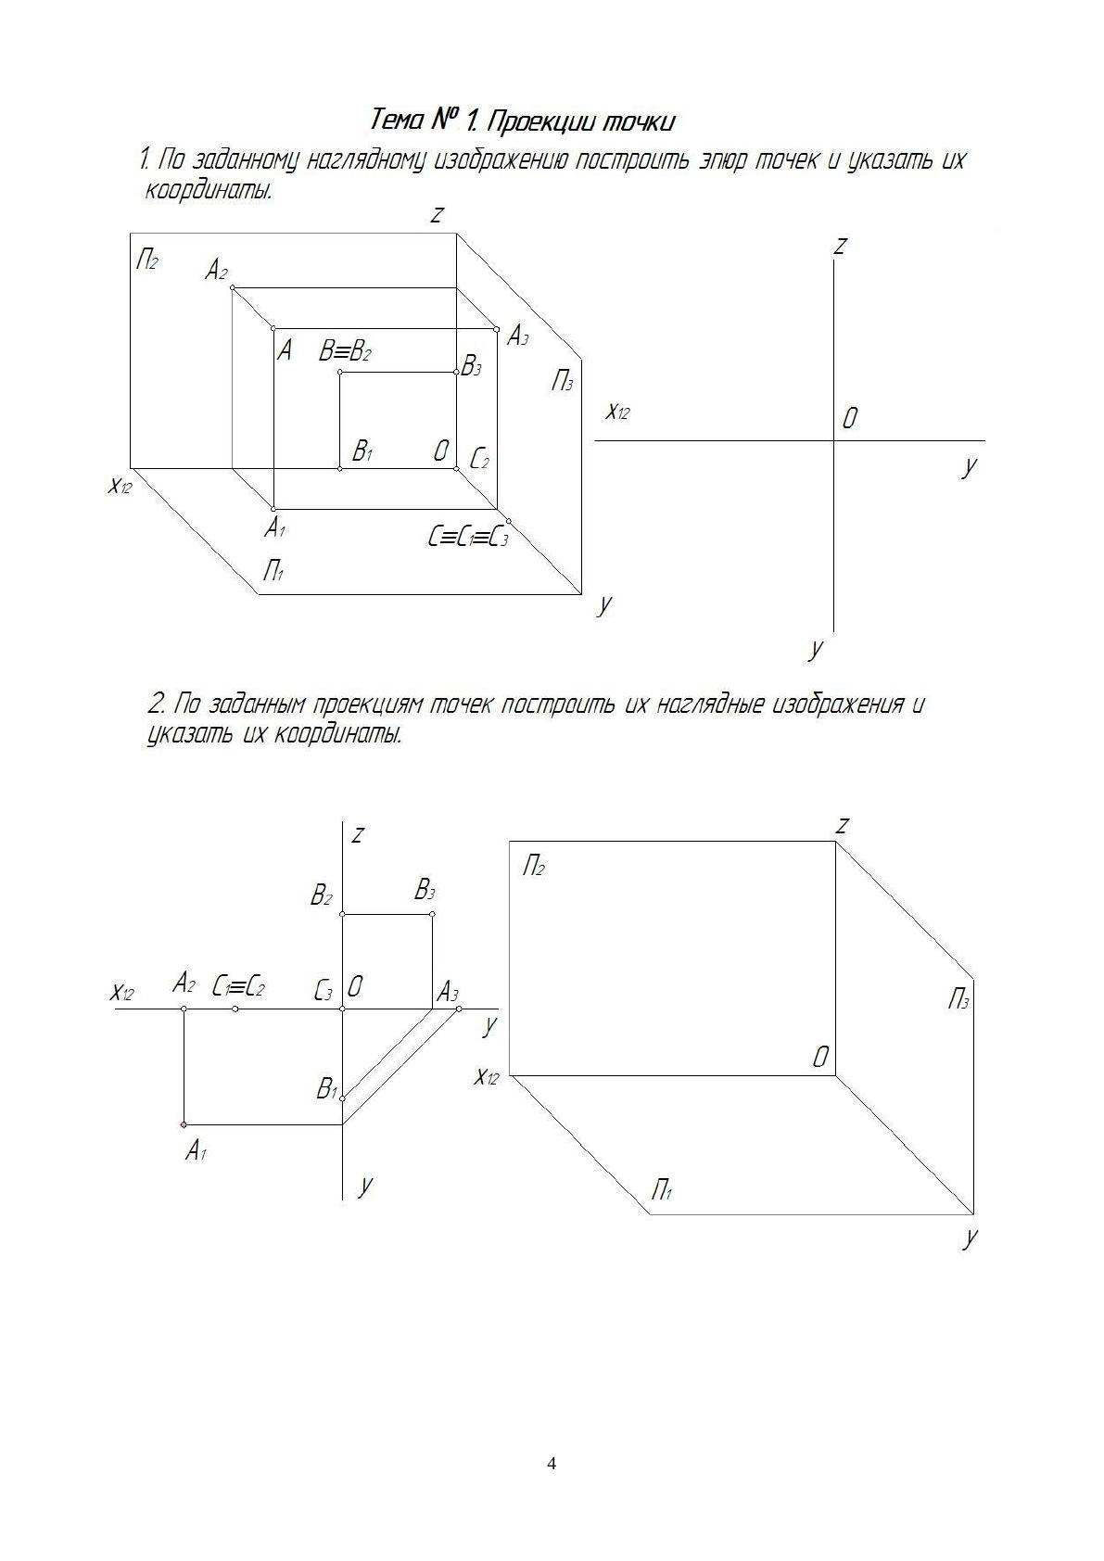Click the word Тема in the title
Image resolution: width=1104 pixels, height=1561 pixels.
point(398,121)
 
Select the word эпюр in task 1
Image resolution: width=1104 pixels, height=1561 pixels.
point(724,160)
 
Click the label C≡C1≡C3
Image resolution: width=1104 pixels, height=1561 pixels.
point(468,536)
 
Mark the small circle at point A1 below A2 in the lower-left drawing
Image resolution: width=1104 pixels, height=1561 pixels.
point(184,1124)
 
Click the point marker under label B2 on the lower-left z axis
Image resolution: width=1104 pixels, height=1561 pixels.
point(343,915)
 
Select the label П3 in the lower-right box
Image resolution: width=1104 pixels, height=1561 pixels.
point(958,1000)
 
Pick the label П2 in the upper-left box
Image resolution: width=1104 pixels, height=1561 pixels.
point(147,259)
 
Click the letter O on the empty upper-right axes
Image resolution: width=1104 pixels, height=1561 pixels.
point(849,419)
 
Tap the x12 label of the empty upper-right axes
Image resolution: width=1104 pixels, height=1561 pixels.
point(617,412)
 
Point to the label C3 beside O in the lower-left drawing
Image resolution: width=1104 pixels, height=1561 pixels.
point(324,990)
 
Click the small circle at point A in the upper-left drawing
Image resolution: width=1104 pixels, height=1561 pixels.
point(273,328)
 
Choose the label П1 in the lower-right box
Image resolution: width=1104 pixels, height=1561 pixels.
point(662,1189)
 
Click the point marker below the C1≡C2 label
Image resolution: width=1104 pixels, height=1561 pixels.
point(235,1009)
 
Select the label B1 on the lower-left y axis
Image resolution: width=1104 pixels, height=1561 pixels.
point(326,1088)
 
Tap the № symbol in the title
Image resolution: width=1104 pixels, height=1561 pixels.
point(447,120)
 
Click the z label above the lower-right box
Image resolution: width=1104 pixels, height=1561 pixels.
point(843,825)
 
